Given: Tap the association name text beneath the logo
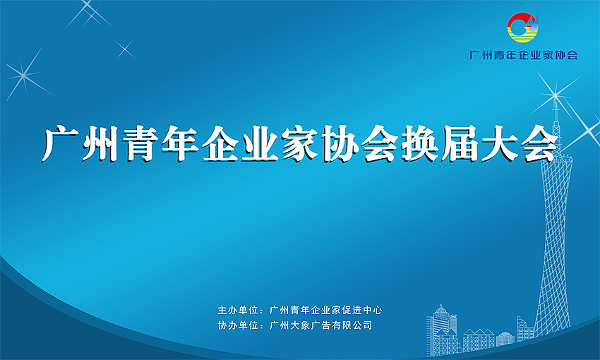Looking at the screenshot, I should [523, 55].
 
